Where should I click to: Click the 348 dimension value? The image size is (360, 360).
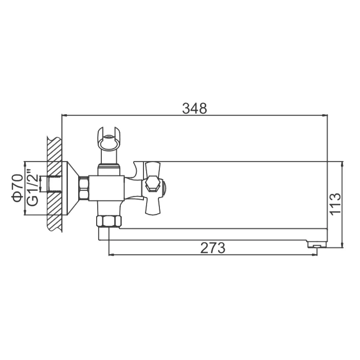[194, 109]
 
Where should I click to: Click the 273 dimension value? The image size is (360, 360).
[213, 248]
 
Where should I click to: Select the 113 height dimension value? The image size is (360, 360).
[335, 204]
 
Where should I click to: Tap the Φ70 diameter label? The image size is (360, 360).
[18, 188]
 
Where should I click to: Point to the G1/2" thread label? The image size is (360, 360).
[32, 188]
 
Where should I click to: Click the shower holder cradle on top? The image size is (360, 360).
[109, 139]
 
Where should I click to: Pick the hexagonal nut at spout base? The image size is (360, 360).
[109, 221]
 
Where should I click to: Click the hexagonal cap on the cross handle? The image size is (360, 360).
[152, 184]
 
